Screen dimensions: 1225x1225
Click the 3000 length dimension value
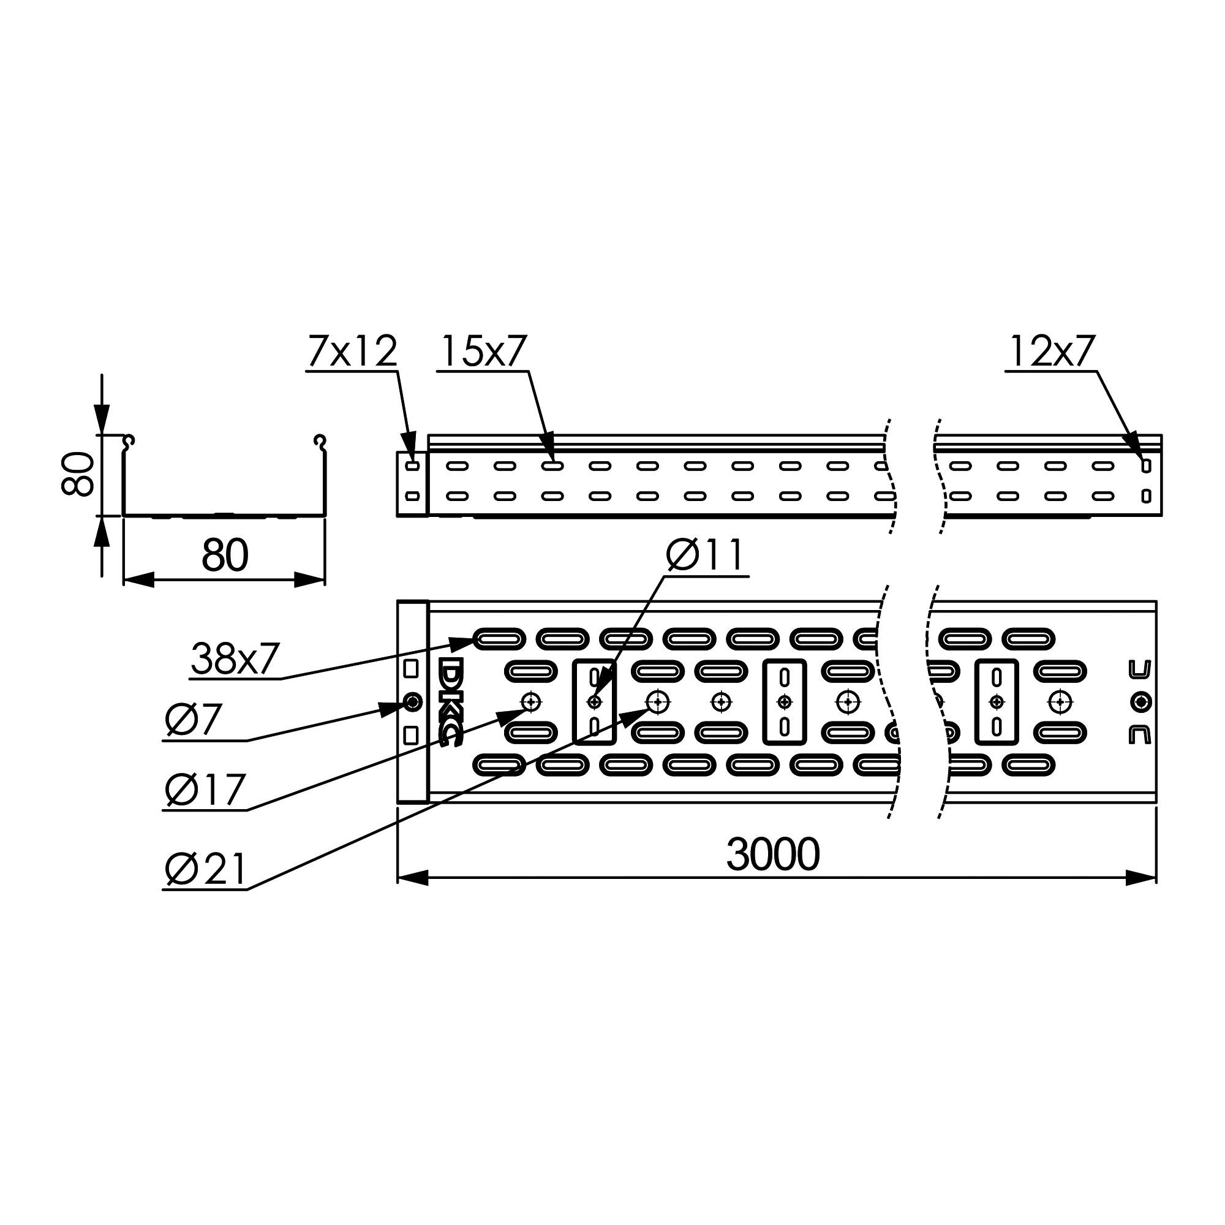pos(773,854)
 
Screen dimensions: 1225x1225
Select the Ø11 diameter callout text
pos(704,555)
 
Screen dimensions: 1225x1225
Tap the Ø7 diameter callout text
pos(193,720)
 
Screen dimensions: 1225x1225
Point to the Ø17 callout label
pos(205,790)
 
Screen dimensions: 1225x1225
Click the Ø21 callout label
pos(205,869)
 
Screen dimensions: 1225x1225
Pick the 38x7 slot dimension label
pos(235,658)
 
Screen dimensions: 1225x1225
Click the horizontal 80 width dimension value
pos(225,556)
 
